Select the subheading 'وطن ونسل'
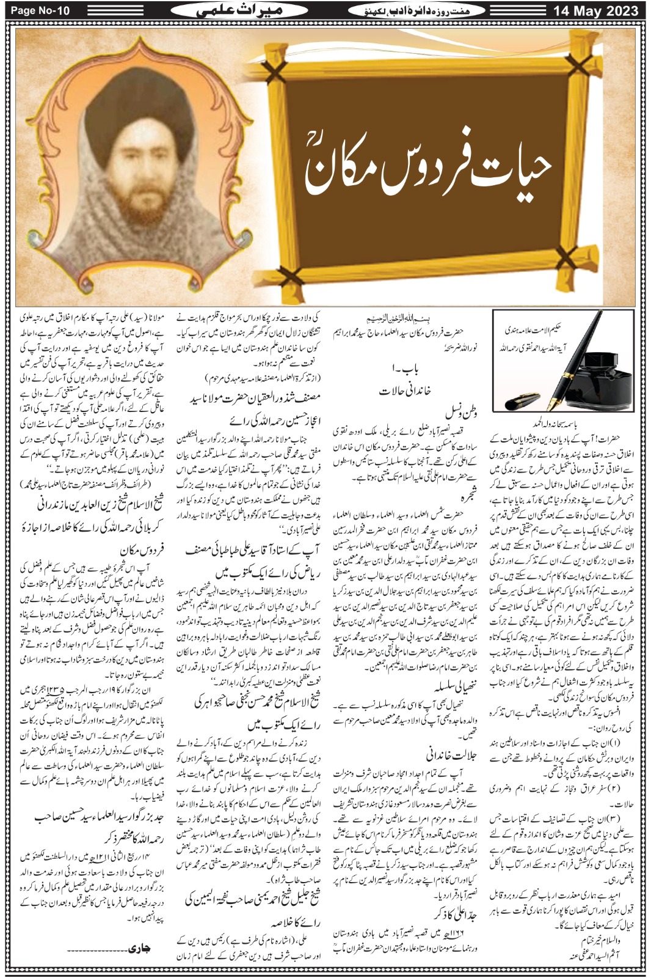[x=461, y=413]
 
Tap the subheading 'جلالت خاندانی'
[x=451, y=756]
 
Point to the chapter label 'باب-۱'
[x=405, y=370]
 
